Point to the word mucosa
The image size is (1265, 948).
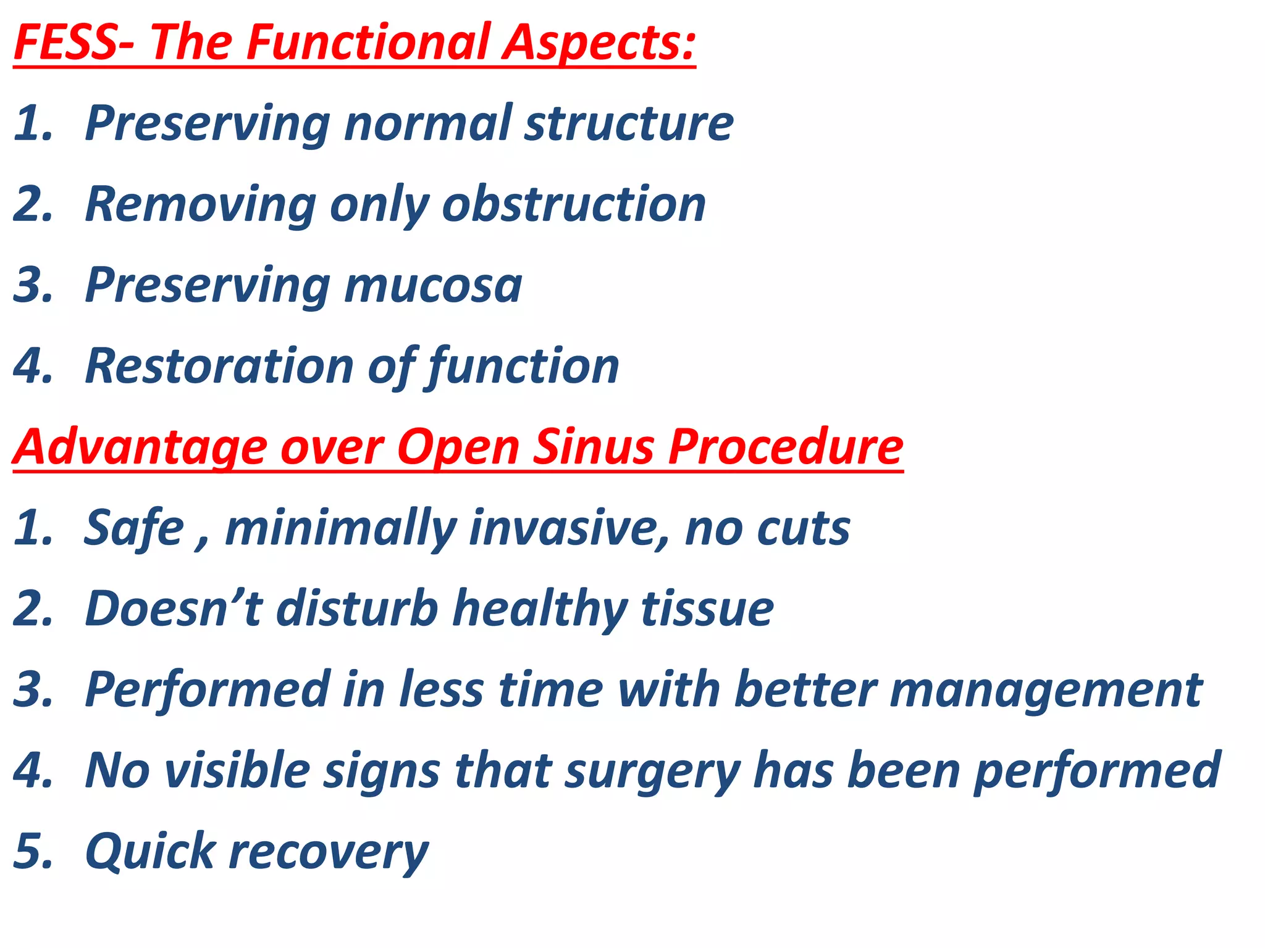(433, 286)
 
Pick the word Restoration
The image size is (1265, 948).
(219, 366)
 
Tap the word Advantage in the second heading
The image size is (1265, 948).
(139, 447)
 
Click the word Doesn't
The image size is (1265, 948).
(174, 609)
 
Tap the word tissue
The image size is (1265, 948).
(707, 609)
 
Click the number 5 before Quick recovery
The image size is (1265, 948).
(31, 851)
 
